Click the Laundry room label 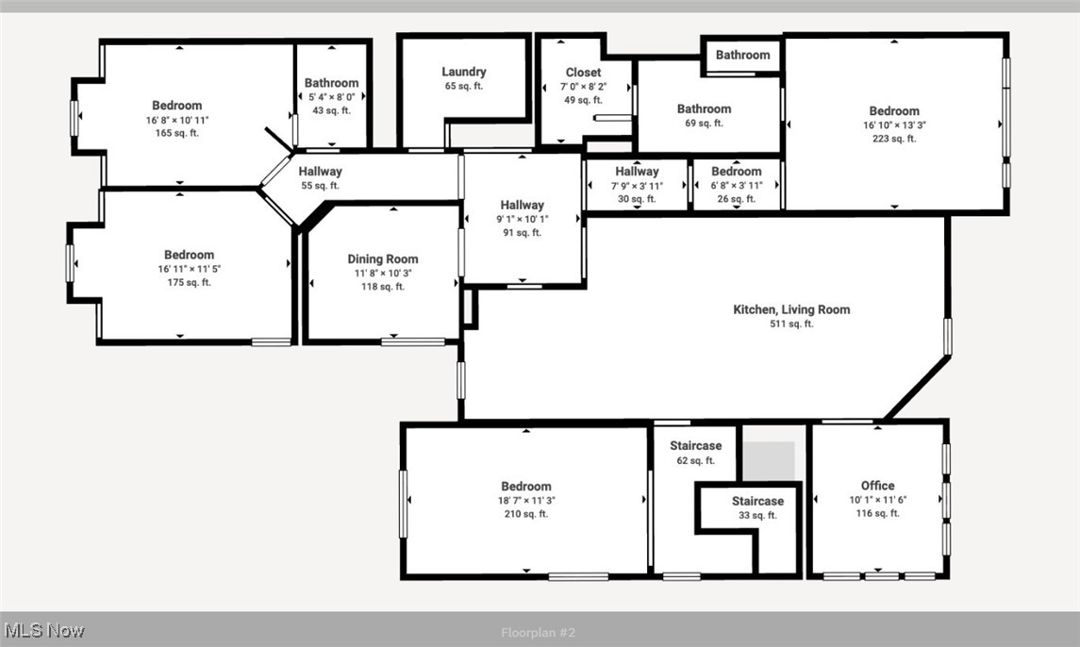click(464, 72)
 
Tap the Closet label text click(583, 73)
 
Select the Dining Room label click(383, 259)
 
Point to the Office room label click(877, 486)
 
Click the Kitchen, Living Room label click(791, 309)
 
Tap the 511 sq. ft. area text click(791, 323)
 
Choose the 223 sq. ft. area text click(893, 139)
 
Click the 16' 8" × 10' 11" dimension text click(177, 120)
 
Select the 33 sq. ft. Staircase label click(757, 501)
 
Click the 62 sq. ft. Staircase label click(696, 446)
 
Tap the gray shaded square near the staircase click(769, 460)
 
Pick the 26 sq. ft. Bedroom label click(736, 172)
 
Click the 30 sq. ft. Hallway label click(637, 172)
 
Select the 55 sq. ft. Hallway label click(321, 172)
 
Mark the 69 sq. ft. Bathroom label click(704, 109)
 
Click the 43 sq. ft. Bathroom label click(331, 83)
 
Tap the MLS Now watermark click(44, 630)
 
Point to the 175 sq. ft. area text click(189, 282)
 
